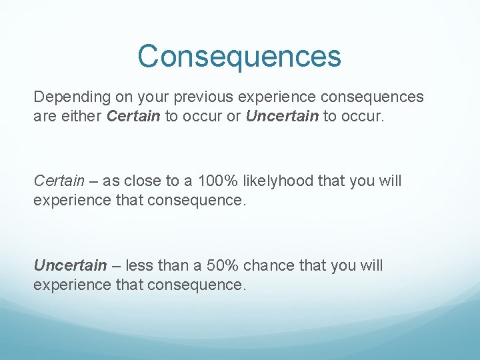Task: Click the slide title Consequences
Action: (x=239, y=56)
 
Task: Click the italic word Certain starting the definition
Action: (x=59, y=181)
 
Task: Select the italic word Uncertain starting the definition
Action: (x=70, y=265)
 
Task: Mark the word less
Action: (x=139, y=265)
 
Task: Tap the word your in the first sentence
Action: (x=154, y=97)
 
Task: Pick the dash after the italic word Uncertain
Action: (x=116, y=265)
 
